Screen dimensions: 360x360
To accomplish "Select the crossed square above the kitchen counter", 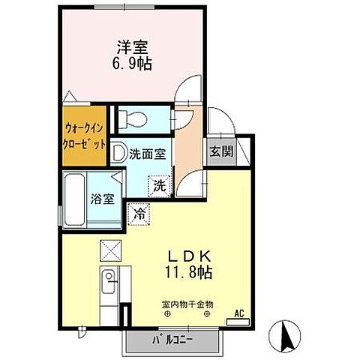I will [x=108, y=250].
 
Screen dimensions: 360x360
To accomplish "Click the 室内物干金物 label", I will [x=186, y=304].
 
